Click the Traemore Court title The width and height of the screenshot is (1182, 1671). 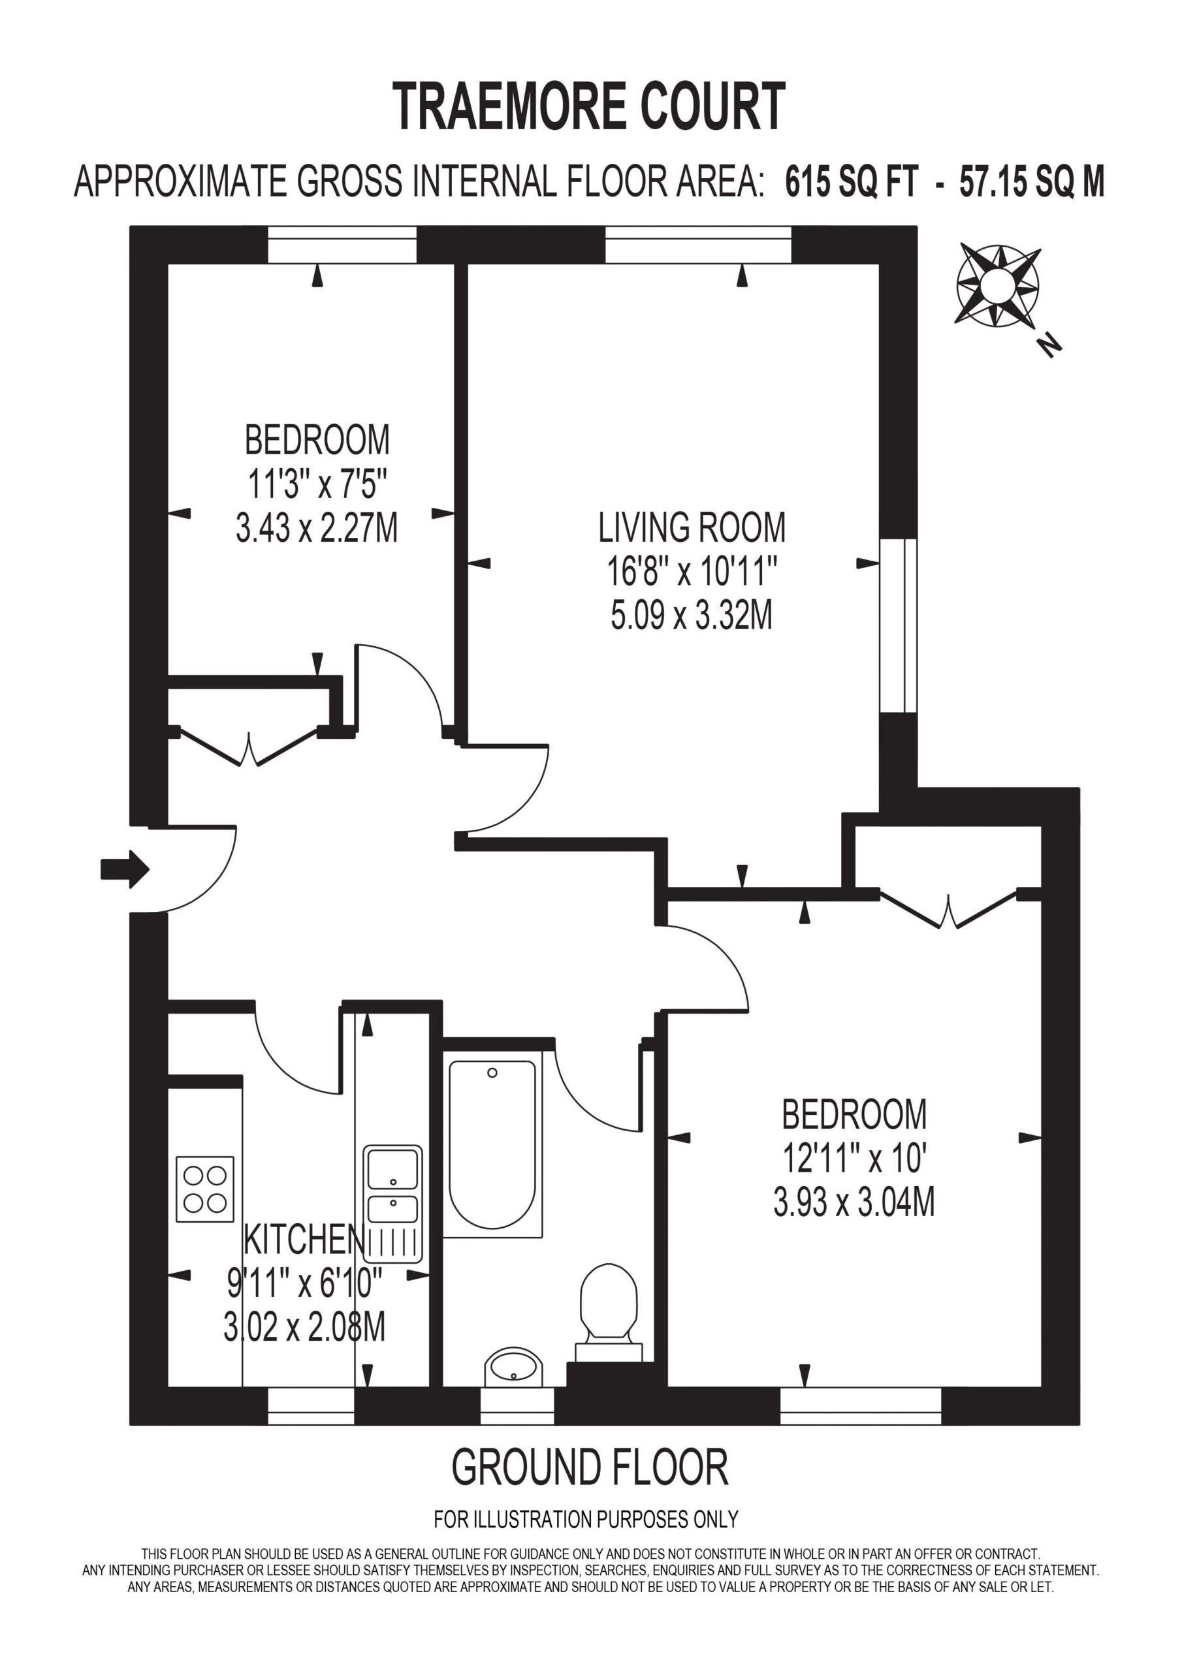click(589, 106)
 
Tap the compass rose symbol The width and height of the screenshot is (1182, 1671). click(998, 285)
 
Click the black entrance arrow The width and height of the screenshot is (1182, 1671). click(125, 869)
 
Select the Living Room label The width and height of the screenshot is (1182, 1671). click(692, 527)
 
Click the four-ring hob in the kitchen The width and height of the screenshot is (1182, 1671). click(205, 1189)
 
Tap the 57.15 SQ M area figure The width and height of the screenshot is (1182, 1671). click(1031, 181)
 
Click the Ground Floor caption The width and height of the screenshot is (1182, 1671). click(590, 1467)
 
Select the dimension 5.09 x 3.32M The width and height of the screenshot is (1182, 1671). click(691, 616)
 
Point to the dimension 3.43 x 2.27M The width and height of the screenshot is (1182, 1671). click(317, 527)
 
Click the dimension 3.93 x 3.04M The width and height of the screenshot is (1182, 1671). click(854, 1202)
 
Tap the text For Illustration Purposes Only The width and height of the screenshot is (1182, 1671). click(586, 1519)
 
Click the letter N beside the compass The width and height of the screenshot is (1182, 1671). click(1049, 345)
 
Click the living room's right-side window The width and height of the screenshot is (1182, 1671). click(898, 626)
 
